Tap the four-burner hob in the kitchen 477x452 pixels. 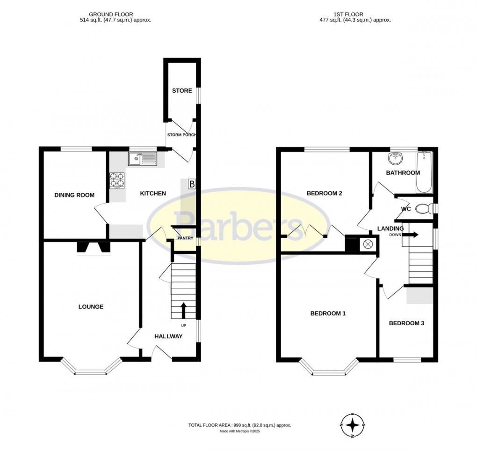pyautogui.click(x=118, y=180)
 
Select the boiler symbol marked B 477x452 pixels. pyautogui.click(x=191, y=184)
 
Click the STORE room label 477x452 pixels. pyautogui.click(x=182, y=90)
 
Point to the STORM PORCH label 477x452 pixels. pyautogui.click(x=181, y=135)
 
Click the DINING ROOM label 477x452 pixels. pyautogui.click(x=74, y=195)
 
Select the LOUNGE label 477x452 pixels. pyautogui.click(x=91, y=307)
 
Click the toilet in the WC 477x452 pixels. pyautogui.click(x=424, y=209)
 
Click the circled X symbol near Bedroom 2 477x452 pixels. pyautogui.click(x=368, y=244)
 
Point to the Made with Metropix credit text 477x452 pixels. pyautogui.click(x=239, y=431)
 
